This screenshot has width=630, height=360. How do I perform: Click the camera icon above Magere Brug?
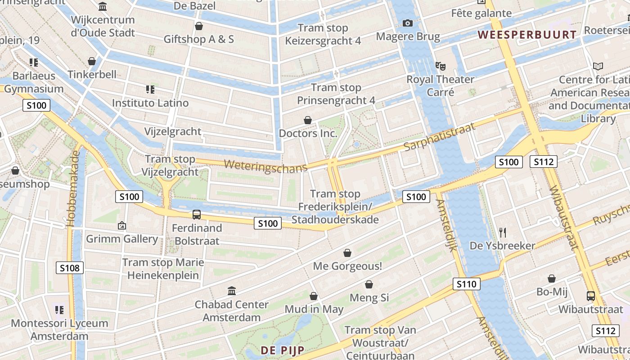pos(408,23)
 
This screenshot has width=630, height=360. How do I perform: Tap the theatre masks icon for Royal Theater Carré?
pos(441,66)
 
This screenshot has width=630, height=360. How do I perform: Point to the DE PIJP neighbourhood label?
pos(283,350)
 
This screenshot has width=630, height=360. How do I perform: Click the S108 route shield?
pos(70,268)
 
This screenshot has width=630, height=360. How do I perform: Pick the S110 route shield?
pos(467,284)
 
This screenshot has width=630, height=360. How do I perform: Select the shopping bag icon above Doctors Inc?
pos(308,120)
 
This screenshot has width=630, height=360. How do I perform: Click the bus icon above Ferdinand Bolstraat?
pos(197,215)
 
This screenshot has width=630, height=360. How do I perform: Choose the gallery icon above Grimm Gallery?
pos(121,225)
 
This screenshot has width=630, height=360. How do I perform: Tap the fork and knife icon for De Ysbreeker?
pos(503,232)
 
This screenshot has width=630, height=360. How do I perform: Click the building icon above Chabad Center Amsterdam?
pos(232,291)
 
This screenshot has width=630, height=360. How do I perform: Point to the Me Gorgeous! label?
pos(347,266)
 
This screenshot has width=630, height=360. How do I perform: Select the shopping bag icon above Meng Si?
pos(369,284)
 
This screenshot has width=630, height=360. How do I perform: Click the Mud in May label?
pos(314,310)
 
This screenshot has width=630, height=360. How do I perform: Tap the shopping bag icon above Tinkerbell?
pos(92,61)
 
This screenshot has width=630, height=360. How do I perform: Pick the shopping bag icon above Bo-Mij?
pos(552,279)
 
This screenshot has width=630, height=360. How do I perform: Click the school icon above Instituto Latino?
pos(150,90)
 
